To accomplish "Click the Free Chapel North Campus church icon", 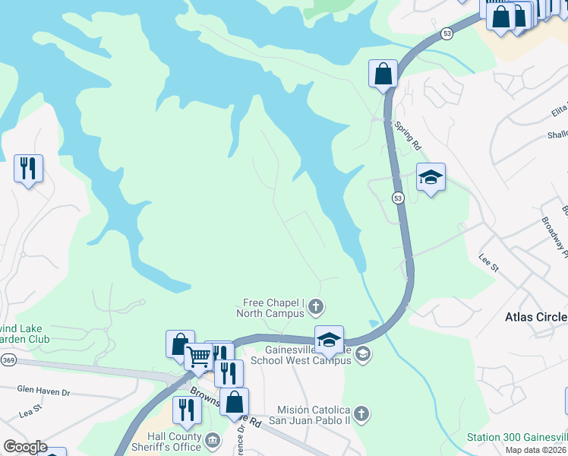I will pos(316,307).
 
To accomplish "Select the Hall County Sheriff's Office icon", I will pos(212,439).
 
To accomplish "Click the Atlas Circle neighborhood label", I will pos(536,317).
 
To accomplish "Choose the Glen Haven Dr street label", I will pos(43,391).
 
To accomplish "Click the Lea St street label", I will pos(29,412).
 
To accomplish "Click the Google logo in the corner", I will pos(24,447).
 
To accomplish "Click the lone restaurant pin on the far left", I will pos(28,168).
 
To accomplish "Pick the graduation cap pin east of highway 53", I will pos(431,178).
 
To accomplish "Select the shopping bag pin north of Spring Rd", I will pos(383,74).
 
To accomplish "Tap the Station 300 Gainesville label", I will pos(516,437).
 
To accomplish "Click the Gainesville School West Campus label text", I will pos(300,355).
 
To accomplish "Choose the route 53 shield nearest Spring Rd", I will pos(398,198).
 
